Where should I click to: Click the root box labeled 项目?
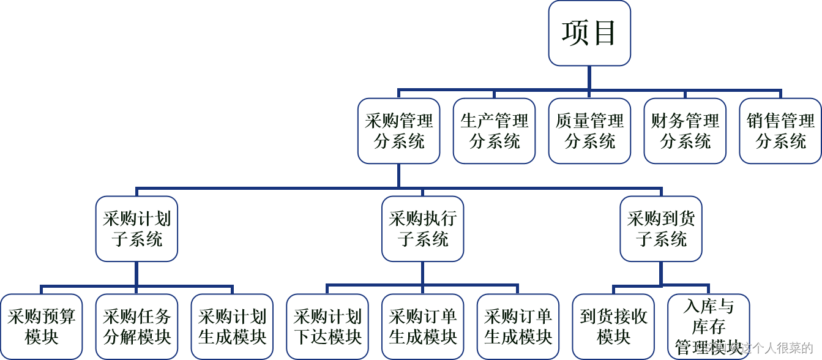(589, 33)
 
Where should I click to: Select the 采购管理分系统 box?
(398, 131)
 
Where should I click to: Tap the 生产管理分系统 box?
(494, 131)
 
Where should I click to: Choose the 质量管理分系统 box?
(589, 131)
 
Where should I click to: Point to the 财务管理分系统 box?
(685, 131)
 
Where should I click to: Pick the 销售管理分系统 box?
(780, 131)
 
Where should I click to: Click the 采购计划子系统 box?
(136, 229)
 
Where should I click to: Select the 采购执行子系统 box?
(422, 229)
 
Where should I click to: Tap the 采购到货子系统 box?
(661, 229)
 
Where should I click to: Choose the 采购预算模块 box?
(41, 326)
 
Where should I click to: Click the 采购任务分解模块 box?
(136, 326)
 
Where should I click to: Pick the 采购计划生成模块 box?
(232, 326)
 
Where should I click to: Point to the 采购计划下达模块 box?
(327, 326)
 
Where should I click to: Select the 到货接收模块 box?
(613, 326)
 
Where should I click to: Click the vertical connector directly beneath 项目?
(589, 77)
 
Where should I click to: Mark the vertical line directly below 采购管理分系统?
(398, 175)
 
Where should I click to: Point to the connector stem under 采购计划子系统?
(136, 273)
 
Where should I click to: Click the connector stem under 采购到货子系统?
(661, 273)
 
